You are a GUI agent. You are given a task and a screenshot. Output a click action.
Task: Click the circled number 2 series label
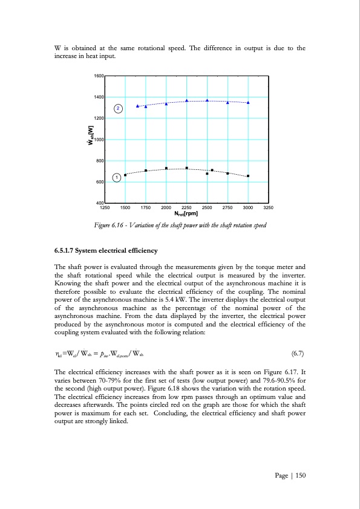pyautogui.click(x=118, y=108)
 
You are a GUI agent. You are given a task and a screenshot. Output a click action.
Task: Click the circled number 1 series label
pyautogui.click(x=116, y=177)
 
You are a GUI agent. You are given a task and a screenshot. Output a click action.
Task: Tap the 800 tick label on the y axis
pyautogui.click(x=99, y=161)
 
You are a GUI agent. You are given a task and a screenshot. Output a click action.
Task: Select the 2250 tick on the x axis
pyautogui.click(x=186, y=207)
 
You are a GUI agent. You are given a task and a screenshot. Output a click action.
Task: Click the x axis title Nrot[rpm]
pyautogui.click(x=186, y=213)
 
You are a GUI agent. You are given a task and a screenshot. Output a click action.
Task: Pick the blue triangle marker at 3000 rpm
pyautogui.click(x=248, y=103)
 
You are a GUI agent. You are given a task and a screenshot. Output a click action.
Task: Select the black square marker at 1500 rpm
pyautogui.click(x=125, y=175)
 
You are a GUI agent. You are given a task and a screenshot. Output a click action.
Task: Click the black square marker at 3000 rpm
pyautogui.click(x=248, y=176)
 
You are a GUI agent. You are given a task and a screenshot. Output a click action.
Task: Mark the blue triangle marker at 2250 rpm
pyautogui.click(x=186, y=100)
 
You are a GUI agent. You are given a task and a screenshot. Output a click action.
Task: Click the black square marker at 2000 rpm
pyautogui.click(x=166, y=168)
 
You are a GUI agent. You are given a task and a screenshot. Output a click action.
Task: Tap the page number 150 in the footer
pyautogui.click(x=299, y=475)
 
